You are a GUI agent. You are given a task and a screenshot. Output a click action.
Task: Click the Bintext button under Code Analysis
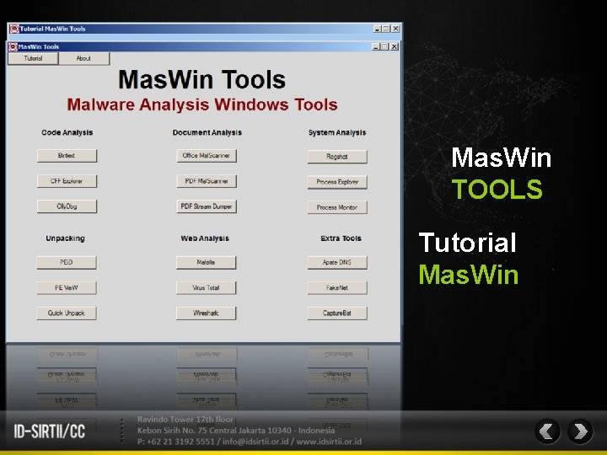coord(67,156)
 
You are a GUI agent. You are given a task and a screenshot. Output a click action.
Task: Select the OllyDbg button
coord(67,206)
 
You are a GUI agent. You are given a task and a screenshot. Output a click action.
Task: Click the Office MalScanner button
coord(206,156)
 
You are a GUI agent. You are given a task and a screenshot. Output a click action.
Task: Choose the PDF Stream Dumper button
coord(206,206)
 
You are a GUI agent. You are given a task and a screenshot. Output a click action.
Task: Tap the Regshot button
coord(336,157)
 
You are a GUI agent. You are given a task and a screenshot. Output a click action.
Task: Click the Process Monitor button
coord(336,207)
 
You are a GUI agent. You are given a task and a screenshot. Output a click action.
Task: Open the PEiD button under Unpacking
coord(67,263)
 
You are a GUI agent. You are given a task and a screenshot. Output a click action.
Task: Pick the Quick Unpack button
coord(67,313)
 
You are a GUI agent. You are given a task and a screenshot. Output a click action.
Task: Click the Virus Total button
coord(206,288)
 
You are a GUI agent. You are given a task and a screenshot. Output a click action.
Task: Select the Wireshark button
coord(206,313)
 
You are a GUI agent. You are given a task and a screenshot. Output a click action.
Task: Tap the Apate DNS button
coord(336,263)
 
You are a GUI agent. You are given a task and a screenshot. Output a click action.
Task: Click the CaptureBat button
coord(336,313)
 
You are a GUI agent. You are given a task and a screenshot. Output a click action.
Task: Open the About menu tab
coord(83,59)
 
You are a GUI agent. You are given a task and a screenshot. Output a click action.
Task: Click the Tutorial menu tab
coord(33,59)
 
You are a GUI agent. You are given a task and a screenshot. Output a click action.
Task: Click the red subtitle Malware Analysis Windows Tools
coord(202,105)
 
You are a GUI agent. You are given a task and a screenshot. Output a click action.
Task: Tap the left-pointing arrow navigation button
coord(547,431)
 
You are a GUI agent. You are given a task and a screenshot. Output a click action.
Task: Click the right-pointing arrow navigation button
coord(580,431)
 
